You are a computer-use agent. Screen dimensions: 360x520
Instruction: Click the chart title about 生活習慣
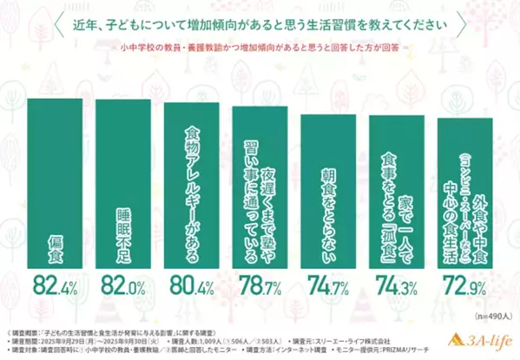tap(260, 23)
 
